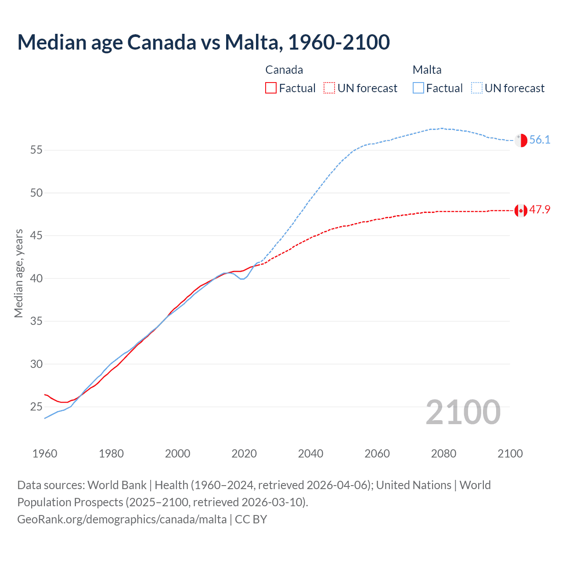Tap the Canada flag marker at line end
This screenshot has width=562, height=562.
[x=521, y=211]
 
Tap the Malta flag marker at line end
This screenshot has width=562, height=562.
[x=521, y=140]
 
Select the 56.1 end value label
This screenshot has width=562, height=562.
[x=540, y=140]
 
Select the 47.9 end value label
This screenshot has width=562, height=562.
[x=540, y=210]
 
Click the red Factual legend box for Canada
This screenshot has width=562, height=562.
[x=271, y=88]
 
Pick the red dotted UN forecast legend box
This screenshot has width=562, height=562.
[x=329, y=88]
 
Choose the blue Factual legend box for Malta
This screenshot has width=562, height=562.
[x=418, y=88]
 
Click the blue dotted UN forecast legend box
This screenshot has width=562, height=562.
[x=477, y=88]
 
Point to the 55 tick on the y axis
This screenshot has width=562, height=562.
[x=36, y=150]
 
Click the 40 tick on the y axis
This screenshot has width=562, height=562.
[x=36, y=279]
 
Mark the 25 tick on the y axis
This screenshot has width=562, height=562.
[x=36, y=407]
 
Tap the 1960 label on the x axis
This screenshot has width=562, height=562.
[x=45, y=454]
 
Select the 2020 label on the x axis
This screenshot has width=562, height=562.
[x=244, y=454]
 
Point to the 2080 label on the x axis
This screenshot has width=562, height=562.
[x=443, y=454]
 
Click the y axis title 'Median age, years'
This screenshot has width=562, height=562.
[x=18, y=273]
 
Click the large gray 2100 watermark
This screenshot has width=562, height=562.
[x=463, y=412]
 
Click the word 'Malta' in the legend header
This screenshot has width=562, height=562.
[x=427, y=70]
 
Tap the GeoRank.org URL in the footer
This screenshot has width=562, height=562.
[x=122, y=519]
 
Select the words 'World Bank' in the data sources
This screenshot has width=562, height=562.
[x=117, y=485]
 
